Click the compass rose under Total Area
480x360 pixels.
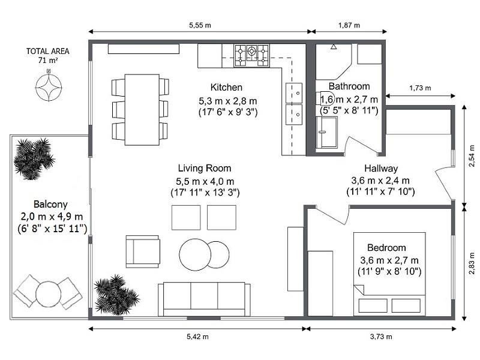49,87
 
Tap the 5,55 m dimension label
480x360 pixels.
200,25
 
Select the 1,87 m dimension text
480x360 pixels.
349,25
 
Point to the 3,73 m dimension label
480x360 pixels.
381,337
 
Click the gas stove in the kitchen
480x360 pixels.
251,55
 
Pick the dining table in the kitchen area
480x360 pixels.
142,110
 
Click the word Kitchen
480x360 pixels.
226,87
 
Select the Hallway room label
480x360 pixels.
381,169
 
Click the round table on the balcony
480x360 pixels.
49,294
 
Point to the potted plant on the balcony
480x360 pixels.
34,158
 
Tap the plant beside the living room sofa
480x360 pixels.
116,295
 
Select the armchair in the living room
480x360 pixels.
143,251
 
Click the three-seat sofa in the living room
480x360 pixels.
204,299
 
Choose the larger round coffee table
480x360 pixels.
195,254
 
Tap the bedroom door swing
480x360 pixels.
333,214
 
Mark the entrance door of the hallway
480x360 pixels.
444,183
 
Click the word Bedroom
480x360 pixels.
386,247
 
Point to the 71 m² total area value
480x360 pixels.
48,61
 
